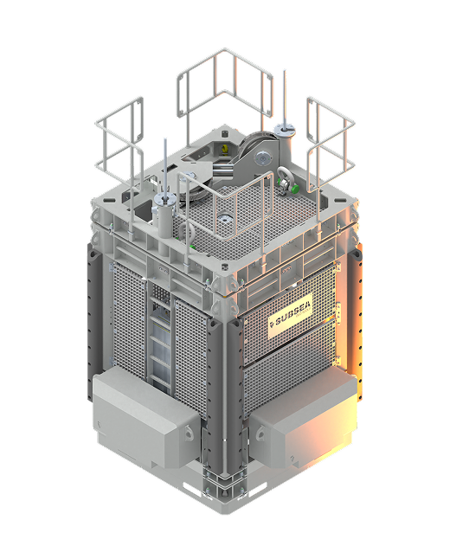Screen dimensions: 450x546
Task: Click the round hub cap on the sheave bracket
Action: point(261,158)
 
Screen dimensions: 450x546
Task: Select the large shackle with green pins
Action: point(286,178)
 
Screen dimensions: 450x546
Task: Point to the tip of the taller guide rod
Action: point(285,71)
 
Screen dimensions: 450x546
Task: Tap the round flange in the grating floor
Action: point(224,221)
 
